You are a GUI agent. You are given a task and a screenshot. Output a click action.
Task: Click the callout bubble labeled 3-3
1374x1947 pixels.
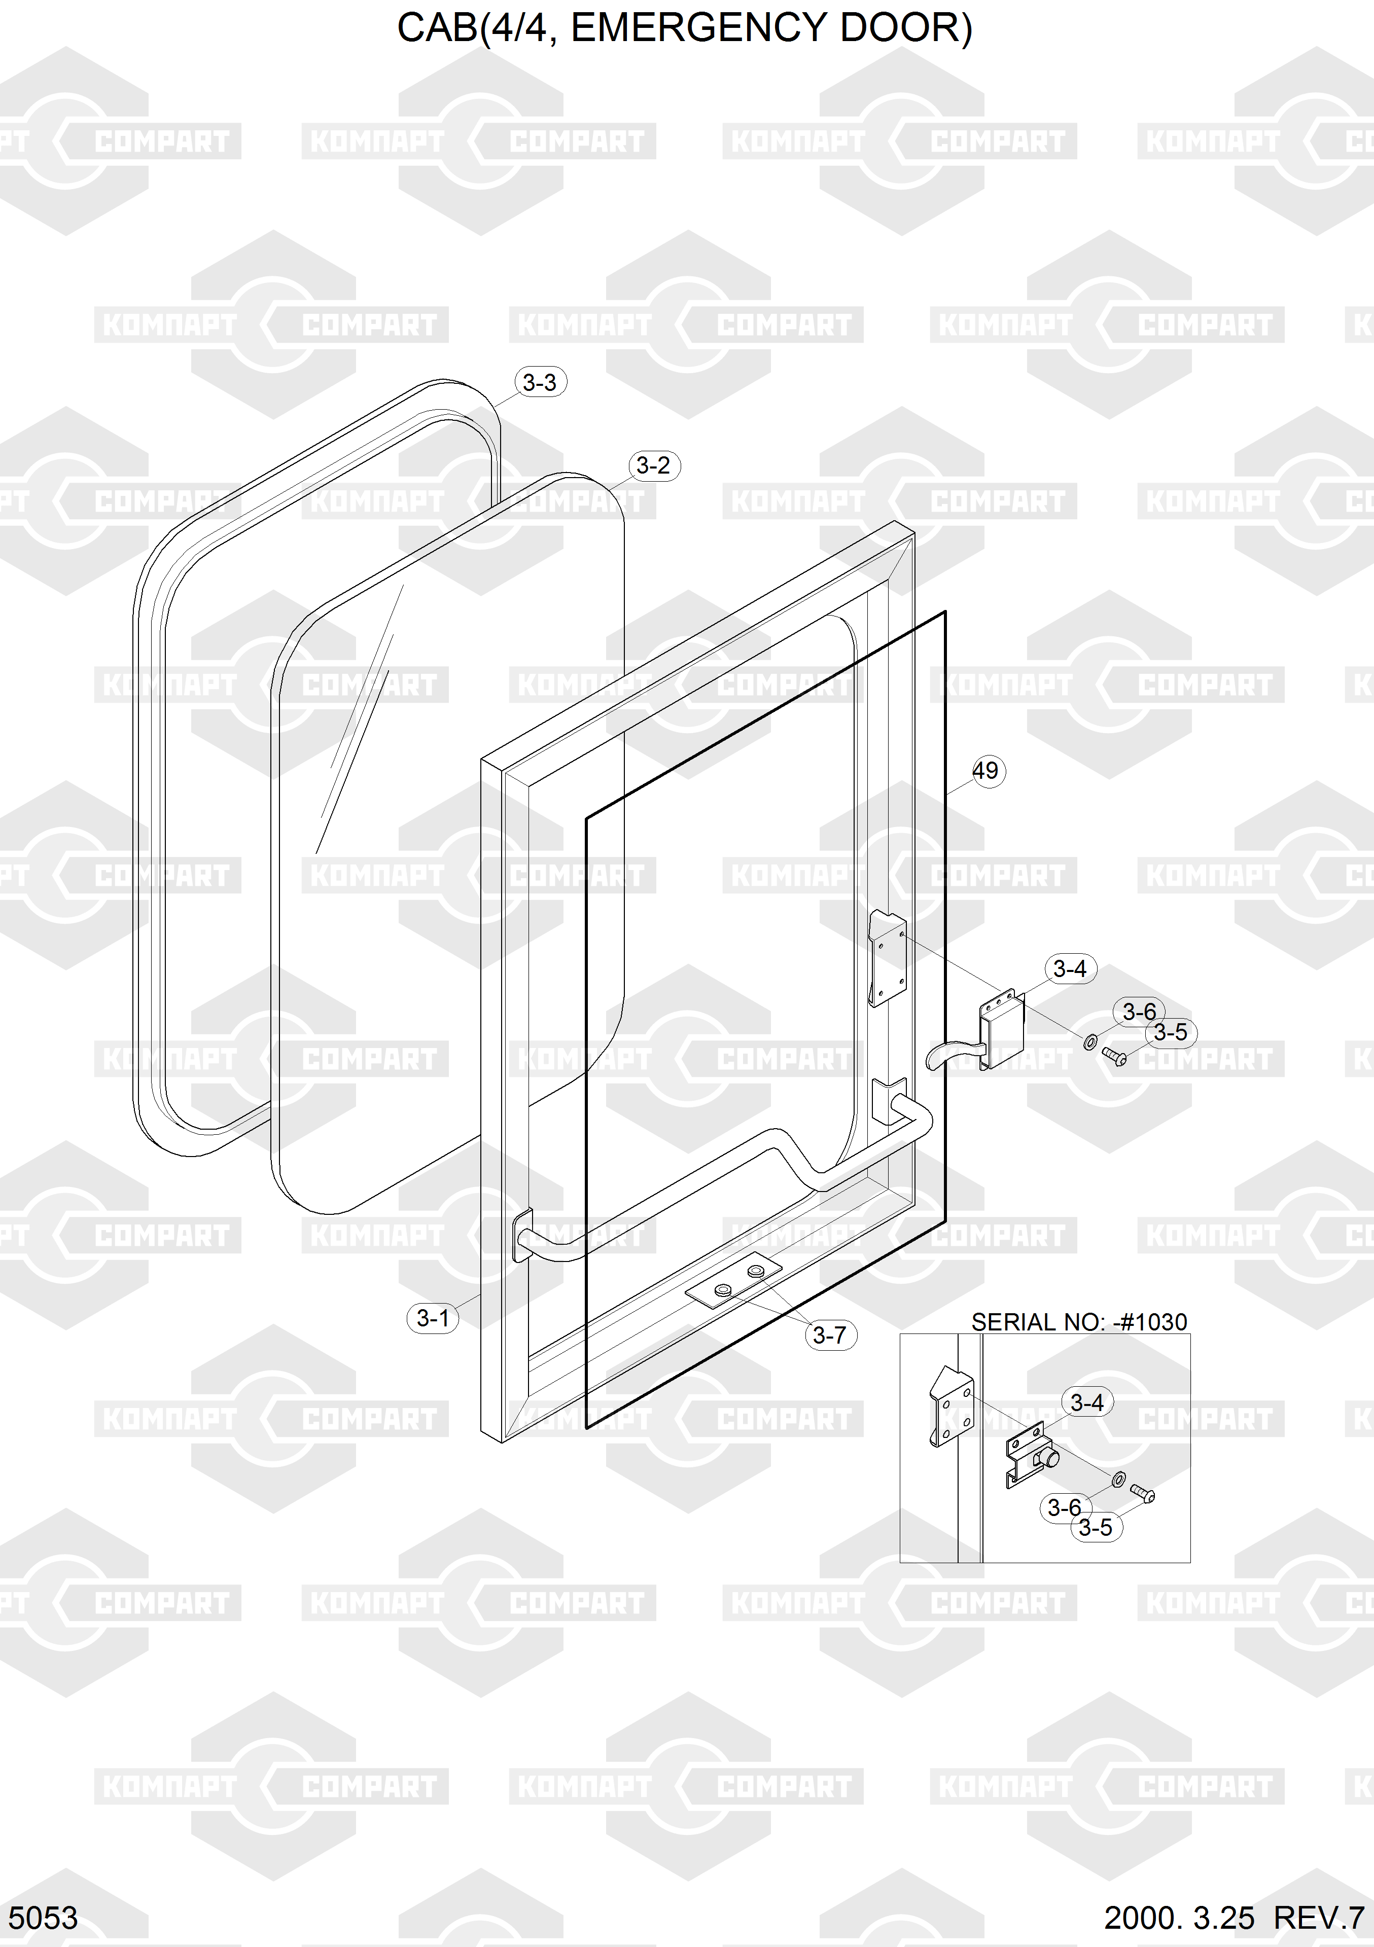[540, 382]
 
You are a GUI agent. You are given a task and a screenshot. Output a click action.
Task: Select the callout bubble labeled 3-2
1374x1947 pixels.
[653, 465]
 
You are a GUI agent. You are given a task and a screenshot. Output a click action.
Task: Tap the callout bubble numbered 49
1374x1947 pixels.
[985, 771]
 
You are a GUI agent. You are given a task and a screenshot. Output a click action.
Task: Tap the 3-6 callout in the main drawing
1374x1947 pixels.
[1139, 1012]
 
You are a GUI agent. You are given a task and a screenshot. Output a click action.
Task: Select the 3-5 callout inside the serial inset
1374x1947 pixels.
[1096, 1527]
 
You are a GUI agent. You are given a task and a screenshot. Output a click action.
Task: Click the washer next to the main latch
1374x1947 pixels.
[1090, 1041]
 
